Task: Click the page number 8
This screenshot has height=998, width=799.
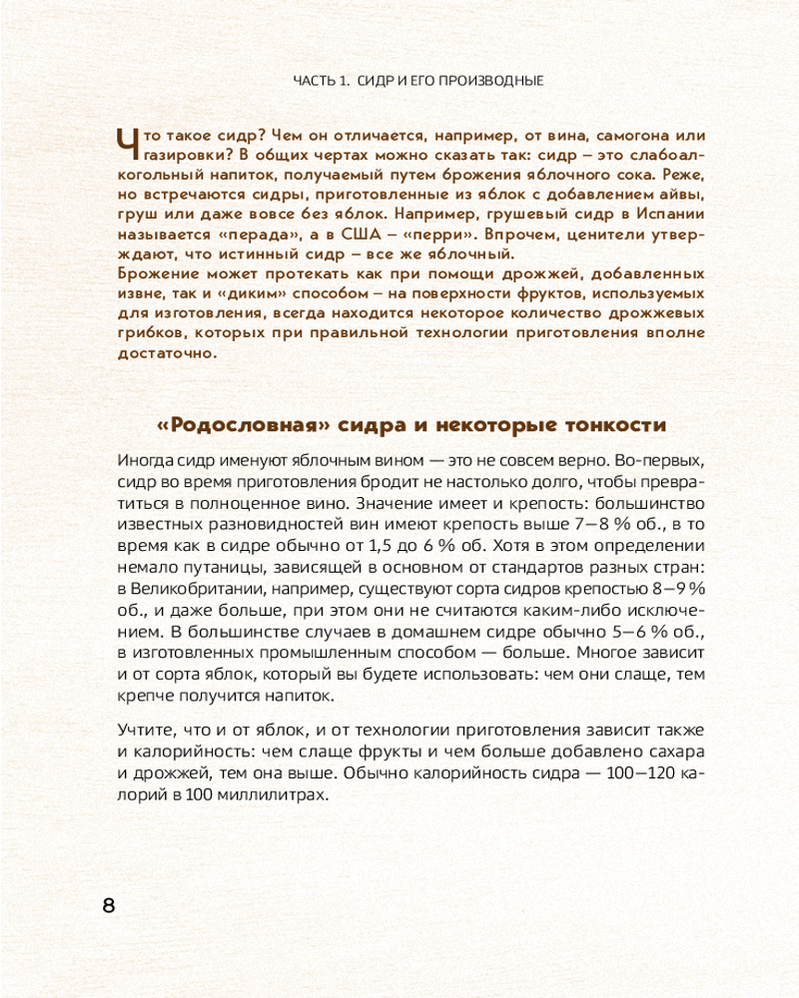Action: coord(109,906)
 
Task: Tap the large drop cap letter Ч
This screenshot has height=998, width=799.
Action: coord(128,145)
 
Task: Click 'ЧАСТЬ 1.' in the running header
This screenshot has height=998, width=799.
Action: coord(321,81)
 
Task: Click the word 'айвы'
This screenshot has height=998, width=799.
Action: coord(665,194)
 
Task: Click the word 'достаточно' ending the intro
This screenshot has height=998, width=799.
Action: coord(163,353)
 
